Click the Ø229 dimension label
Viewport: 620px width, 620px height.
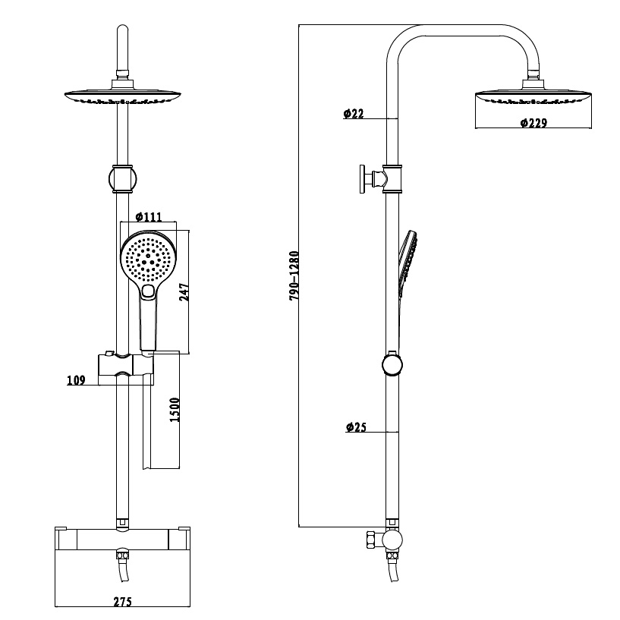click(x=534, y=123)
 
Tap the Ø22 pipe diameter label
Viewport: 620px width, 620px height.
click(x=354, y=114)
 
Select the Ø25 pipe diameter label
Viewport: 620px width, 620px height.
click(x=355, y=428)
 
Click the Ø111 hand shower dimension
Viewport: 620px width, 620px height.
click(x=149, y=217)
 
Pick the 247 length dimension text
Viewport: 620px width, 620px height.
click(x=183, y=291)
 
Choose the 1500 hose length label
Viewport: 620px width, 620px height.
click(x=174, y=412)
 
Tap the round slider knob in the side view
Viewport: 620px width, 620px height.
click(x=392, y=364)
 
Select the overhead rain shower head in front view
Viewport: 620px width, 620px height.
click(x=124, y=98)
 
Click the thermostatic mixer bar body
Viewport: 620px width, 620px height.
click(x=122, y=540)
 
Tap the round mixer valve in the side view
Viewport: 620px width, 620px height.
click(x=392, y=540)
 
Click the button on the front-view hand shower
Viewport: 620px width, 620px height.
click(x=149, y=291)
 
